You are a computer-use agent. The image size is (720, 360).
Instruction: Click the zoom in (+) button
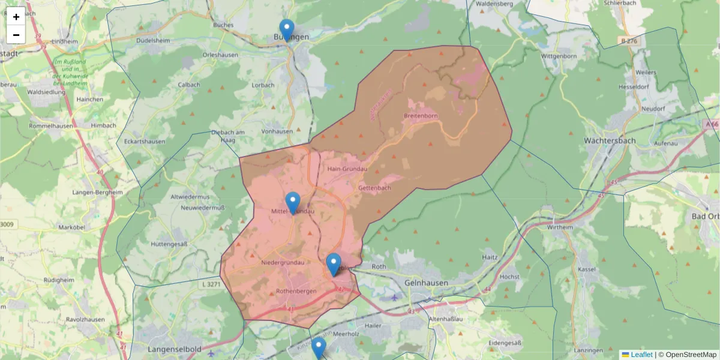tap(16, 17)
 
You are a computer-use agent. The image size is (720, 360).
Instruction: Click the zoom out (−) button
tap(16, 35)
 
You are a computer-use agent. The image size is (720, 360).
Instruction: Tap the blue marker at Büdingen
tap(287, 29)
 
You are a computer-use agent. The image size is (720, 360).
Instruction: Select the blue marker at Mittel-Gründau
tap(293, 202)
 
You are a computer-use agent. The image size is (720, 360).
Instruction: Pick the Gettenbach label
tap(374, 188)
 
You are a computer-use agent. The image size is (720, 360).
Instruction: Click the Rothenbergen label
tap(296, 292)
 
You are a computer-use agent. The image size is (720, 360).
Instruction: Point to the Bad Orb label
tap(705, 216)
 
